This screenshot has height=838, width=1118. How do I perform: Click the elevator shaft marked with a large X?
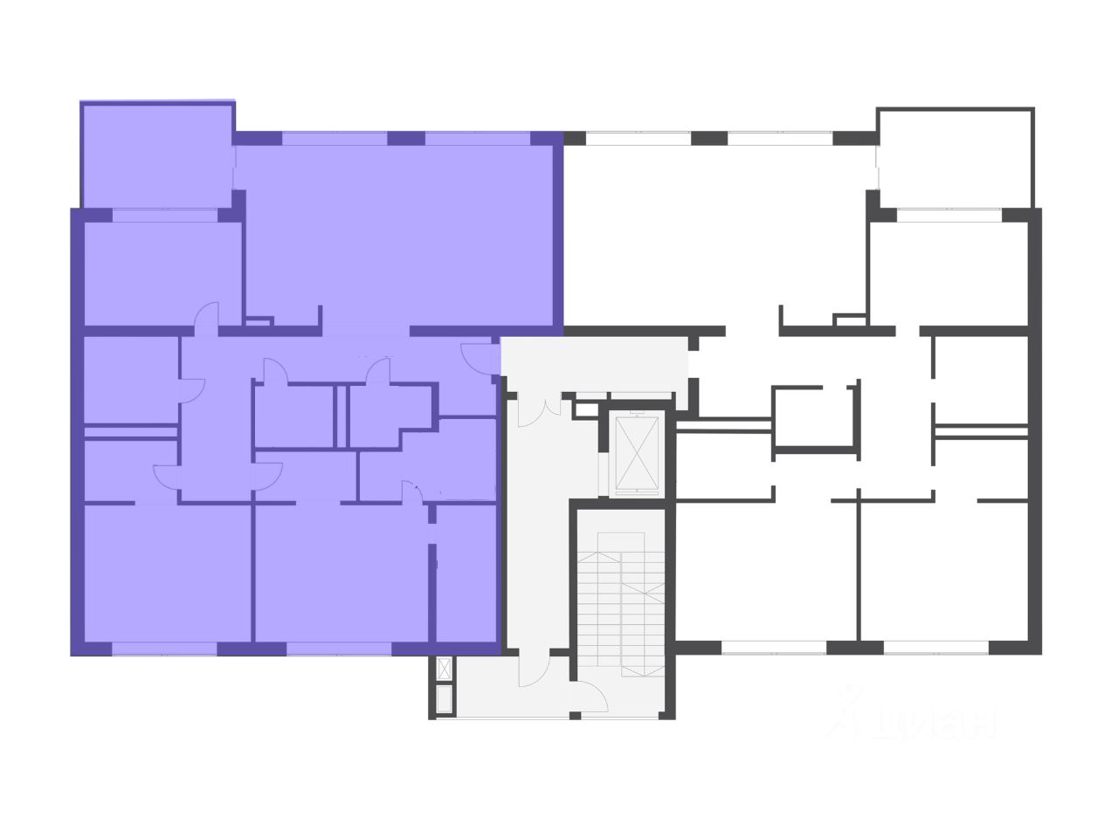[x=636, y=454]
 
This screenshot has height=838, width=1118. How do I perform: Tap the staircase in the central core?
[x=622, y=602]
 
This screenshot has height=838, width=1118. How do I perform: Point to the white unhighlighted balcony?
[x=956, y=157]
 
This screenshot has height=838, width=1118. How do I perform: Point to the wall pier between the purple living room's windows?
[x=405, y=138]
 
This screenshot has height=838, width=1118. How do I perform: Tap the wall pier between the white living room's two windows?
[x=708, y=138]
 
